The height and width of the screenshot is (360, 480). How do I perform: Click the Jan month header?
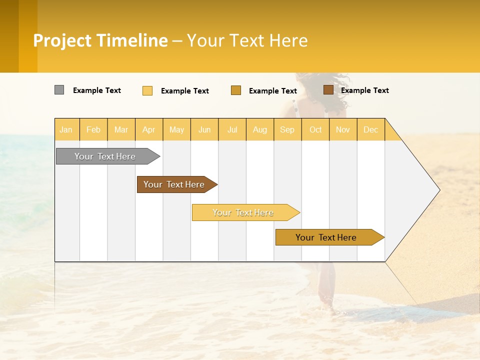(x=66, y=129)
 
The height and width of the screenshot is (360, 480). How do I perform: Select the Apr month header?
(x=148, y=129)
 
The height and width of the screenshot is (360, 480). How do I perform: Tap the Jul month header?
(x=232, y=129)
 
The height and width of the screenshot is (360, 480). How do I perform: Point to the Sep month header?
(x=287, y=129)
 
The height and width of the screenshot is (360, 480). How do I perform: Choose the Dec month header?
(x=370, y=129)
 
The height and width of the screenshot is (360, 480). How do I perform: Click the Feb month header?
(x=93, y=129)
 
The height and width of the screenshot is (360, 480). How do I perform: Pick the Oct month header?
(x=315, y=129)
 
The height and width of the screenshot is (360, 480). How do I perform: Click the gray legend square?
(x=59, y=90)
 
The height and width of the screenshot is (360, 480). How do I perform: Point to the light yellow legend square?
(x=147, y=90)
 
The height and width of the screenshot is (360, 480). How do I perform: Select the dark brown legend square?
(x=328, y=90)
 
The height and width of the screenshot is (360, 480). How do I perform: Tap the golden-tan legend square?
(x=236, y=90)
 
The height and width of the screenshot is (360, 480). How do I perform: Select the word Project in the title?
(x=62, y=40)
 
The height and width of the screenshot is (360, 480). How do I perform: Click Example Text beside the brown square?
(x=364, y=90)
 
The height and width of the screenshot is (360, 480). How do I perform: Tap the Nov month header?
(x=343, y=129)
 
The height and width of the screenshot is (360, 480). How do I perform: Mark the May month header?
(x=176, y=129)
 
